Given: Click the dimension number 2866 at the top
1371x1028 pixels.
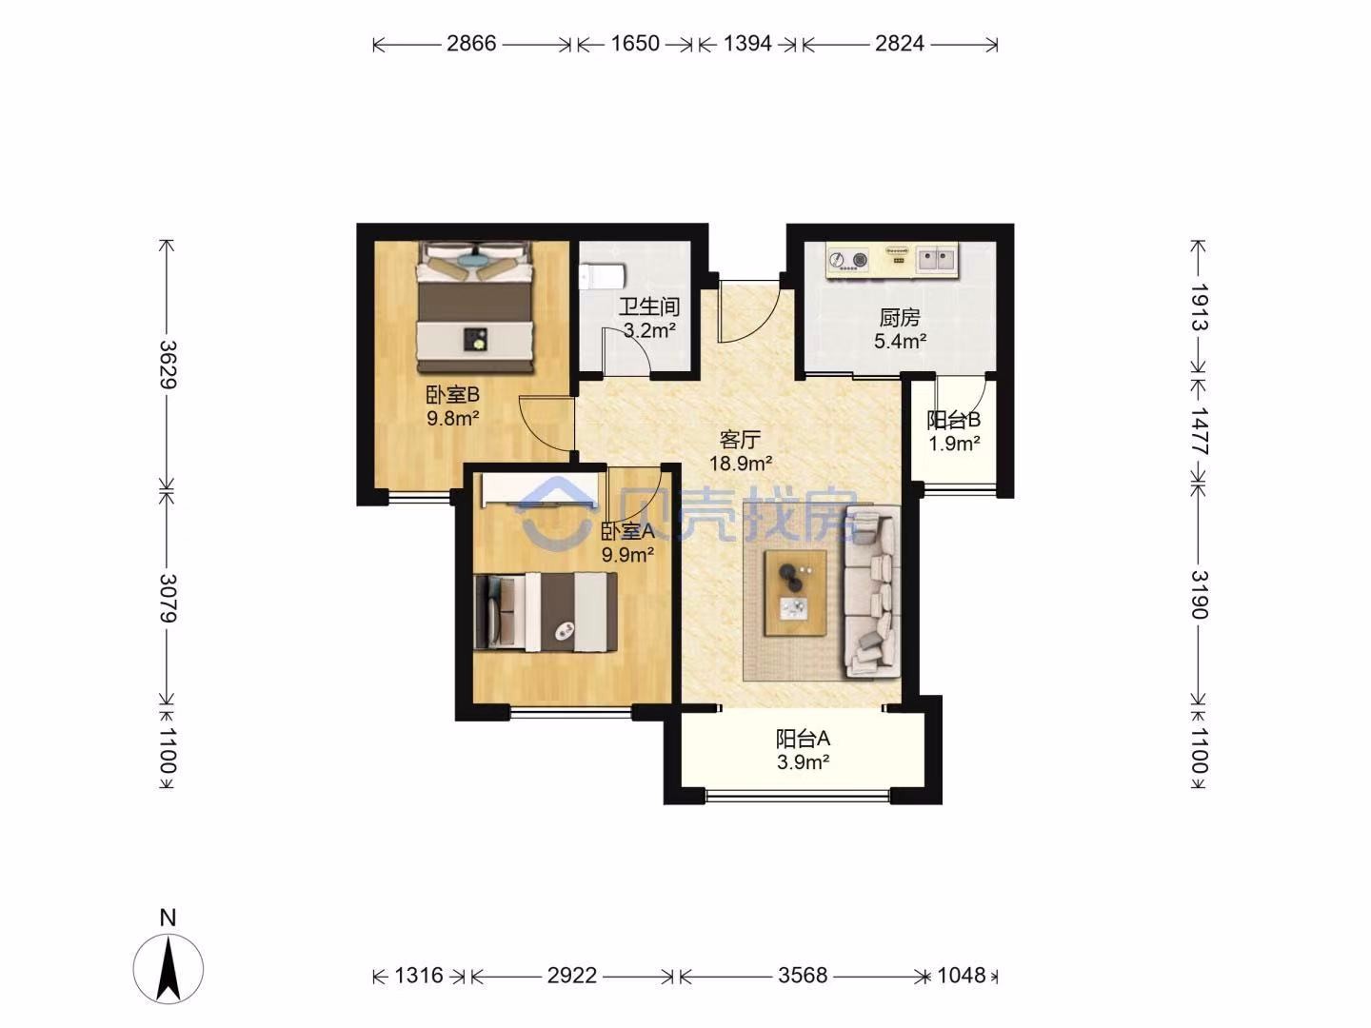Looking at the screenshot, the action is pyautogui.click(x=471, y=44).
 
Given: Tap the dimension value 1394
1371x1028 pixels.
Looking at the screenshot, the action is pyautogui.click(x=747, y=44).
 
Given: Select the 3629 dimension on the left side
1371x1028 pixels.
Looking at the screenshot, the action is pyautogui.click(x=168, y=365).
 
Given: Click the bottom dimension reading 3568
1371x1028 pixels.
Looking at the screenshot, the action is pyautogui.click(x=803, y=975).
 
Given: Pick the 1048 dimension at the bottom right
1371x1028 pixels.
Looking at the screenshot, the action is pyautogui.click(x=962, y=975).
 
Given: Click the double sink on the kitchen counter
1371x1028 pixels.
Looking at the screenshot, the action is pyautogui.click(x=936, y=260).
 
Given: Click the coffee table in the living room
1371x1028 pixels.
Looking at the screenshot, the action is pyautogui.click(x=795, y=593).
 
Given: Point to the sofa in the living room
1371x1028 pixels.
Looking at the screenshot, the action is pyautogui.click(x=872, y=592).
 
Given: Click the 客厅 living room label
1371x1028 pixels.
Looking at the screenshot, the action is pyautogui.click(x=740, y=440).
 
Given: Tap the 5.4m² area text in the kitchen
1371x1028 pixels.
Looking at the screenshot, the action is pyautogui.click(x=900, y=341).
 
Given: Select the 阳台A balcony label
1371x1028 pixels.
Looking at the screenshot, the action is pyautogui.click(x=803, y=739).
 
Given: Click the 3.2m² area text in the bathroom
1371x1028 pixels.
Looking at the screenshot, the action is pyautogui.click(x=650, y=330).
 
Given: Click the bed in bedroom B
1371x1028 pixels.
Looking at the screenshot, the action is pyautogui.click(x=475, y=307).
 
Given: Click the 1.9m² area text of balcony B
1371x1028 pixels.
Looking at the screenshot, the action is pyautogui.click(x=954, y=444).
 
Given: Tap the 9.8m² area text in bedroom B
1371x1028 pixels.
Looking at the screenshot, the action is pyautogui.click(x=453, y=418).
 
